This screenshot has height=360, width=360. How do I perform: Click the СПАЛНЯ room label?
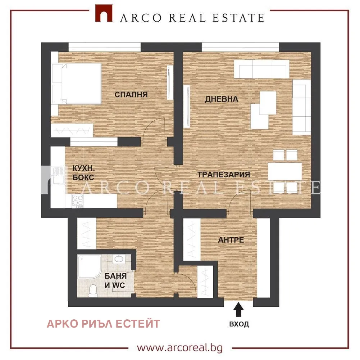click(x=131, y=94)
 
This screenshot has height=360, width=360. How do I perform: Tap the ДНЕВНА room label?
click(x=222, y=99)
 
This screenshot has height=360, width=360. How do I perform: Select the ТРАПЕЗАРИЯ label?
click(x=224, y=175)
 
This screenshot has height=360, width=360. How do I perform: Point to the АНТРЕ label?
click(x=231, y=240)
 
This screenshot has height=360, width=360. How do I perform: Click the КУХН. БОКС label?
click(x=83, y=173)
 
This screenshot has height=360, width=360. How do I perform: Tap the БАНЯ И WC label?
click(x=115, y=280)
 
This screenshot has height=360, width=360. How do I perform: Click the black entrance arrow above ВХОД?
click(x=238, y=310)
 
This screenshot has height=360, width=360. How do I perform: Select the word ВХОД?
click(x=239, y=324)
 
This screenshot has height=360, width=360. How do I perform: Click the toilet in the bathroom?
click(x=93, y=291)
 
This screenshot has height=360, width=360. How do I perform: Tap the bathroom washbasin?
click(x=118, y=259)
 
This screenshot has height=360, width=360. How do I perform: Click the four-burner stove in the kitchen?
click(x=78, y=201)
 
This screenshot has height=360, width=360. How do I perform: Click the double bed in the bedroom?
click(x=77, y=84)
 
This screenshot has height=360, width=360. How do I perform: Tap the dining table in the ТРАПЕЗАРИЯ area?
click(x=285, y=171)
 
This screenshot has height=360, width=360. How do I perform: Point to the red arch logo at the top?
click(x=104, y=14)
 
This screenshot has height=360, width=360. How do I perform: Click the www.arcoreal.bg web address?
click(x=180, y=348)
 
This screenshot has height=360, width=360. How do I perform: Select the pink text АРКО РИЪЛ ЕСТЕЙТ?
click(x=103, y=324)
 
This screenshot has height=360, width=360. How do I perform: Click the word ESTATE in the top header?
click(x=238, y=18)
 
